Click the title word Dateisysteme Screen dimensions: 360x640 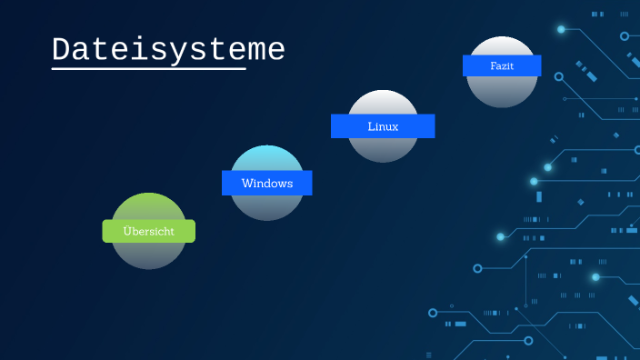(168, 49)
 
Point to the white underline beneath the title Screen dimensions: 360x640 (149, 68)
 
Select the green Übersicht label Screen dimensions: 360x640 (149, 231)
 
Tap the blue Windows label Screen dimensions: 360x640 (266, 183)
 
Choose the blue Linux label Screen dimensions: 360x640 (383, 125)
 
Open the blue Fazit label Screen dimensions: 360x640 (502, 65)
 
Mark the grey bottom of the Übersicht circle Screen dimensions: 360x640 (149, 256)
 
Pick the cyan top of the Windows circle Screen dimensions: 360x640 (266, 157)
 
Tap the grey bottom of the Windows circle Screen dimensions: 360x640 (266, 208)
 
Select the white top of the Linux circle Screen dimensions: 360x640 (383, 101)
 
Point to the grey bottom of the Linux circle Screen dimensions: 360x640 (383, 150)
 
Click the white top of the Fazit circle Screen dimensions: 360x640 (502, 45)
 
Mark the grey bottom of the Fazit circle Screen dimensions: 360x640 (502, 92)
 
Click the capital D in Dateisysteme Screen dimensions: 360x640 (62, 49)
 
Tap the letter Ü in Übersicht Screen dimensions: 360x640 (127, 231)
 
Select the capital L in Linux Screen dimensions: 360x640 (371, 125)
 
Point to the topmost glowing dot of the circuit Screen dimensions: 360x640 (561, 29)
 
